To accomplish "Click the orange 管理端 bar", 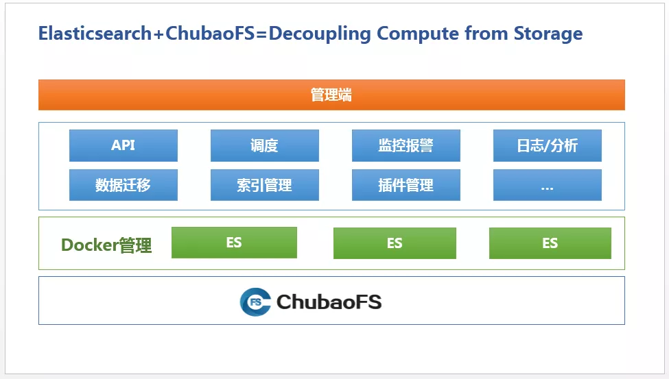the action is (x=331, y=95).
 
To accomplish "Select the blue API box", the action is (x=124, y=145).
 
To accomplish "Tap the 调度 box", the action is (x=265, y=145).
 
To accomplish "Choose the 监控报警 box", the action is (x=406, y=145).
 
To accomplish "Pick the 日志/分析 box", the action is (x=548, y=145).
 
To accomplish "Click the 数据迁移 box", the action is (x=124, y=185).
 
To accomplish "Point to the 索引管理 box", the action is (x=265, y=185).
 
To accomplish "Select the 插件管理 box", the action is (x=406, y=185).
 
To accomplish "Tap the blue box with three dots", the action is (x=548, y=185).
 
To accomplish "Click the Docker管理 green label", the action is (x=106, y=245).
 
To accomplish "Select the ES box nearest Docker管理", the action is (x=234, y=243).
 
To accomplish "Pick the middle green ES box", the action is (x=395, y=243).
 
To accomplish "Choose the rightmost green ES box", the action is (x=550, y=243).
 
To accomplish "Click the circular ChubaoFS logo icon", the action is (x=255, y=302).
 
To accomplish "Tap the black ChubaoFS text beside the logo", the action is (x=329, y=302).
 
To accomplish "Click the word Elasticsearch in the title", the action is (x=95, y=34).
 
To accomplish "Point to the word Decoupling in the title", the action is (x=320, y=34).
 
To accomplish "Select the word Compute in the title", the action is (x=418, y=34).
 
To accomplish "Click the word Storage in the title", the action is (x=548, y=34).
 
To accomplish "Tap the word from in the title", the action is (x=486, y=34).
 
